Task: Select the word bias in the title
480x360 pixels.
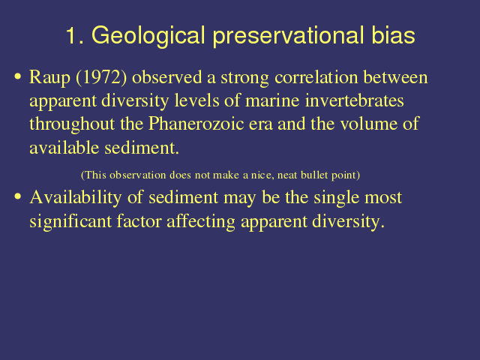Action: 393,35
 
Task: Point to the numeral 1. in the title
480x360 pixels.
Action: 75,35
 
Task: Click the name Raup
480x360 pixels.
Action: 50,78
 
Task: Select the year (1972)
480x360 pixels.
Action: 101,77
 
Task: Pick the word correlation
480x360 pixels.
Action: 316,77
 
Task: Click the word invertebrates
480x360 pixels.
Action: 354,100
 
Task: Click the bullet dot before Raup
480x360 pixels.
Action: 18,76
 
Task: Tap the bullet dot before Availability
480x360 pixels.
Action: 18,196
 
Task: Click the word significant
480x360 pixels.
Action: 70,222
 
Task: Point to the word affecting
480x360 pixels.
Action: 201,222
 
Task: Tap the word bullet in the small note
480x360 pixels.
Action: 314,175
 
